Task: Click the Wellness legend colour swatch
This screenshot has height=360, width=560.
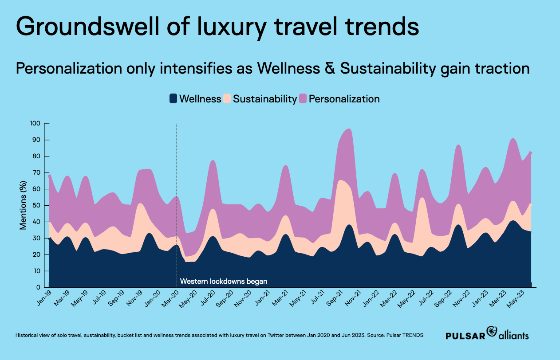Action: point(173,99)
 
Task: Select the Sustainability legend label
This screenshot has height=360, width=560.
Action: point(264,99)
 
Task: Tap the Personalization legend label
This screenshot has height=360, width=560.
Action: point(344,99)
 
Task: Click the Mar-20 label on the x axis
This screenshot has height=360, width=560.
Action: point(170,298)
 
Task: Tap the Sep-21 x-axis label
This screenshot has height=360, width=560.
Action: point(335,298)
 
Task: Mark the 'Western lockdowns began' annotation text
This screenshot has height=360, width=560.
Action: point(224,281)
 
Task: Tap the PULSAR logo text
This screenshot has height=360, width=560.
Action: point(465,336)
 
